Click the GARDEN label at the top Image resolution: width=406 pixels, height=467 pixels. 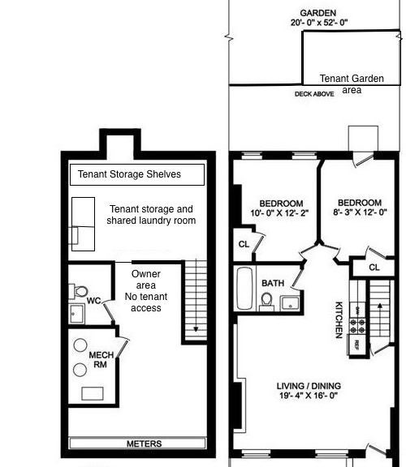[x=318, y=13]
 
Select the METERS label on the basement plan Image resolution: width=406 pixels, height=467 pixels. [x=144, y=443]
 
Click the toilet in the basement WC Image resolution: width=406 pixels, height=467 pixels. [x=79, y=291]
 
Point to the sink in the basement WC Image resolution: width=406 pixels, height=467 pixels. [x=76, y=314]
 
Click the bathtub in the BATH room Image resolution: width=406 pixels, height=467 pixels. [x=244, y=289]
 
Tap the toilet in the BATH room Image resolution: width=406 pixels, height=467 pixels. [x=266, y=302]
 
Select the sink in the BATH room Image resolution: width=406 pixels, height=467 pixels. [x=290, y=303]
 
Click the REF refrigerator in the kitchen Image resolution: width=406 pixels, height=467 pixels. [x=356, y=345]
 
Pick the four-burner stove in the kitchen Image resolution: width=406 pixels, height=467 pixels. [x=357, y=326]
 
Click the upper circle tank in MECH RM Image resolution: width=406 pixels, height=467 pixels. [x=80, y=345]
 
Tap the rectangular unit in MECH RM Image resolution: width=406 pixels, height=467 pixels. [x=93, y=393]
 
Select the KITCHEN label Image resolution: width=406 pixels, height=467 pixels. [x=339, y=320]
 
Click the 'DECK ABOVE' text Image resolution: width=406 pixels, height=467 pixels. [x=314, y=94]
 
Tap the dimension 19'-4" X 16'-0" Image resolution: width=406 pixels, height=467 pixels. [x=309, y=396]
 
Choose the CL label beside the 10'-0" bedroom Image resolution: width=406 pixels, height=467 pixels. [x=244, y=244]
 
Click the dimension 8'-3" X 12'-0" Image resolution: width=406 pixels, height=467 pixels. [x=360, y=212]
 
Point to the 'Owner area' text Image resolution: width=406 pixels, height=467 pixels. [x=146, y=280]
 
